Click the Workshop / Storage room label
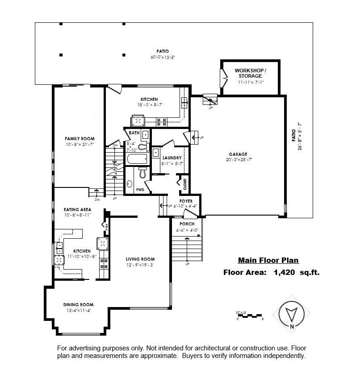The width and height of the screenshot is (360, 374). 251,73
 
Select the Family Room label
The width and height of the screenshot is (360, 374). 80,139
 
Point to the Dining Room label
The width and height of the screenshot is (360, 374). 78,304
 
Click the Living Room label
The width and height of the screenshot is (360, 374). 140,259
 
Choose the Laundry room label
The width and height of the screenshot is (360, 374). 172,158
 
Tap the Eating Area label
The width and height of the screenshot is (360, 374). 78,209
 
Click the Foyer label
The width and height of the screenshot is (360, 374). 186,201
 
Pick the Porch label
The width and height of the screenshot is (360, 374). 187,224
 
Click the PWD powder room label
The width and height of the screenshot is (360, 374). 140,189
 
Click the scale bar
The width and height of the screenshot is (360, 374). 250,315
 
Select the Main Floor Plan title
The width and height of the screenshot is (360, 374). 268,261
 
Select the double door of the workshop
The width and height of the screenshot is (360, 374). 223,79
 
